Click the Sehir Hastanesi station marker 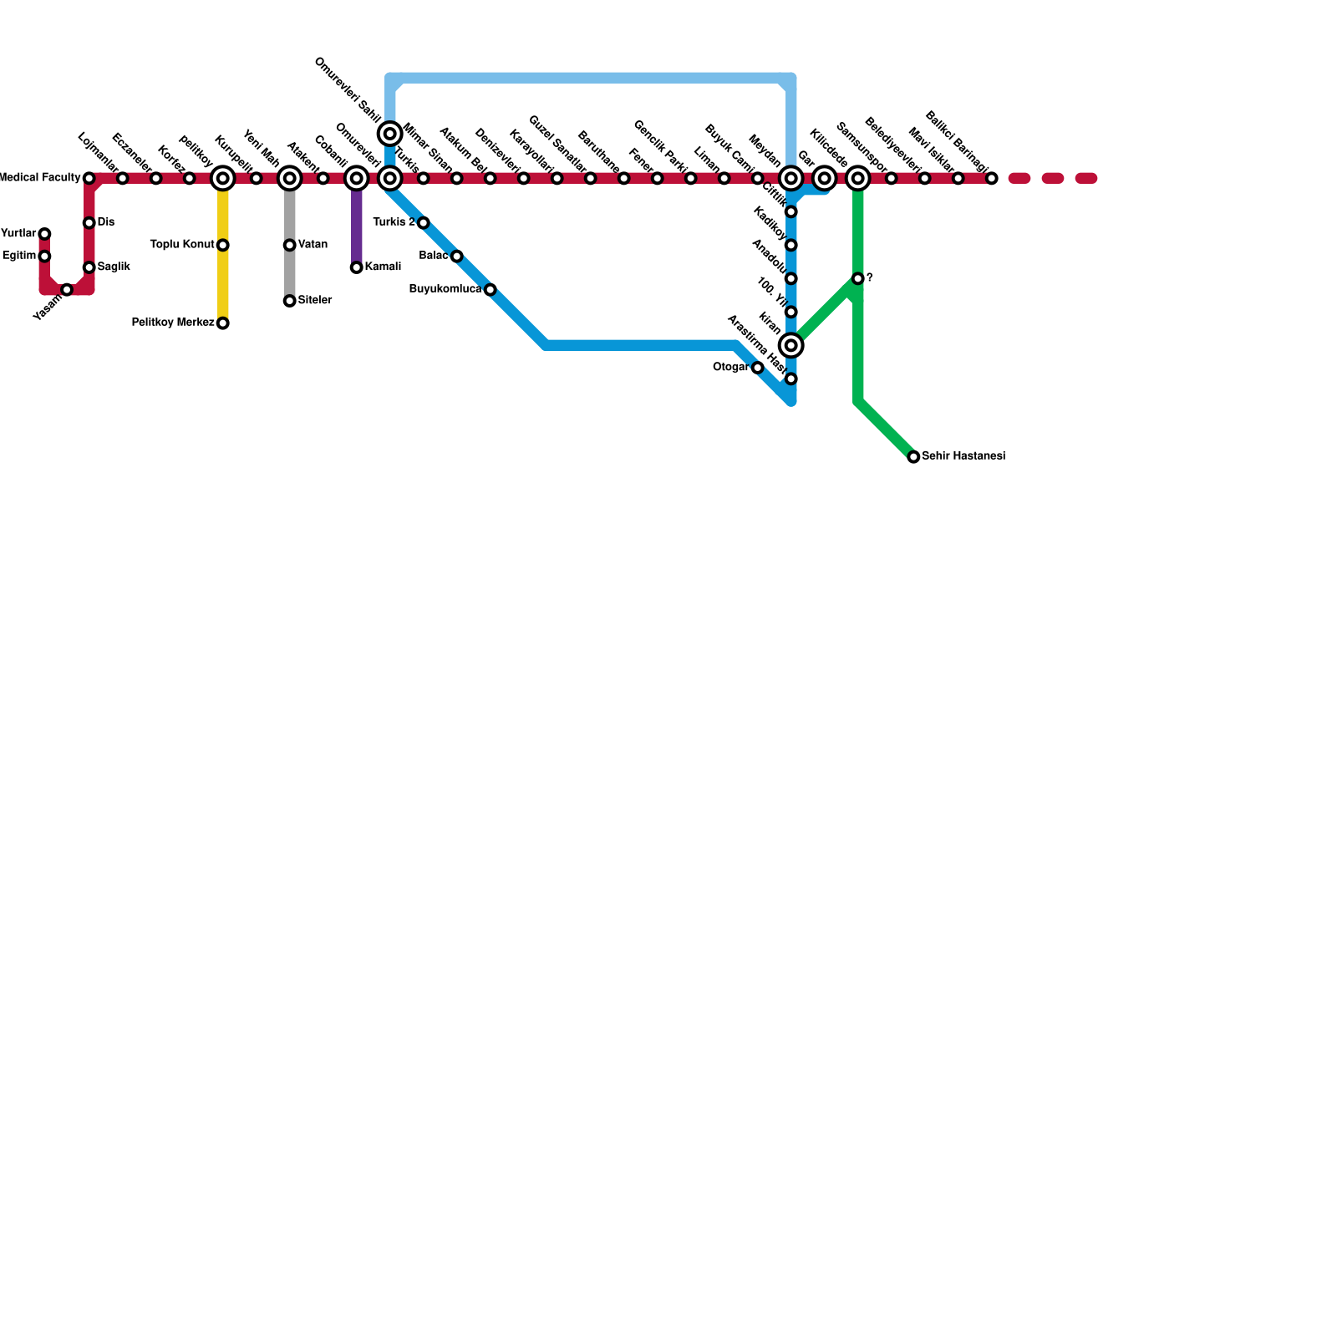pyautogui.click(x=913, y=457)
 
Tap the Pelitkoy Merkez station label pyautogui.click(x=173, y=323)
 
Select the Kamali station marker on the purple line pyautogui.click(x=356, y=267)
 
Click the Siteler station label pyautogui.click(x=315, y=301)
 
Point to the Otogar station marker pyautogui.click(x=757, y=368)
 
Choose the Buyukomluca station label pyautogui.click(x=445, y=290)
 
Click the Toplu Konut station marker pyautogui.click(x=222, y=245)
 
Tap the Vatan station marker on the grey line pyautogui.click(x=289, y=245)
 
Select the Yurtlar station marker pyautogui.click(x=44, y=234)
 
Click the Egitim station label pyautogui.click(x=19, y=257)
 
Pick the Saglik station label pyautogui.click(x=114, y=267)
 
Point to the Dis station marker pyautogui.click(x=89, y=223)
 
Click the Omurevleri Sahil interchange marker pyautogui.click(x=389, y=134)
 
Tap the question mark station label pyautogui.click(x=870, y=278)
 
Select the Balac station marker pyautogui.click(x=456, y=257)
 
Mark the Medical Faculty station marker pyautogui.click(x=89, y=178)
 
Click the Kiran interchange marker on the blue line pyautogui.click(x=791, y=345)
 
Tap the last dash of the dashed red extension pyautogui.click(x=1085, y=178)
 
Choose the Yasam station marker pyautogui.click(x=67, y=289)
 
